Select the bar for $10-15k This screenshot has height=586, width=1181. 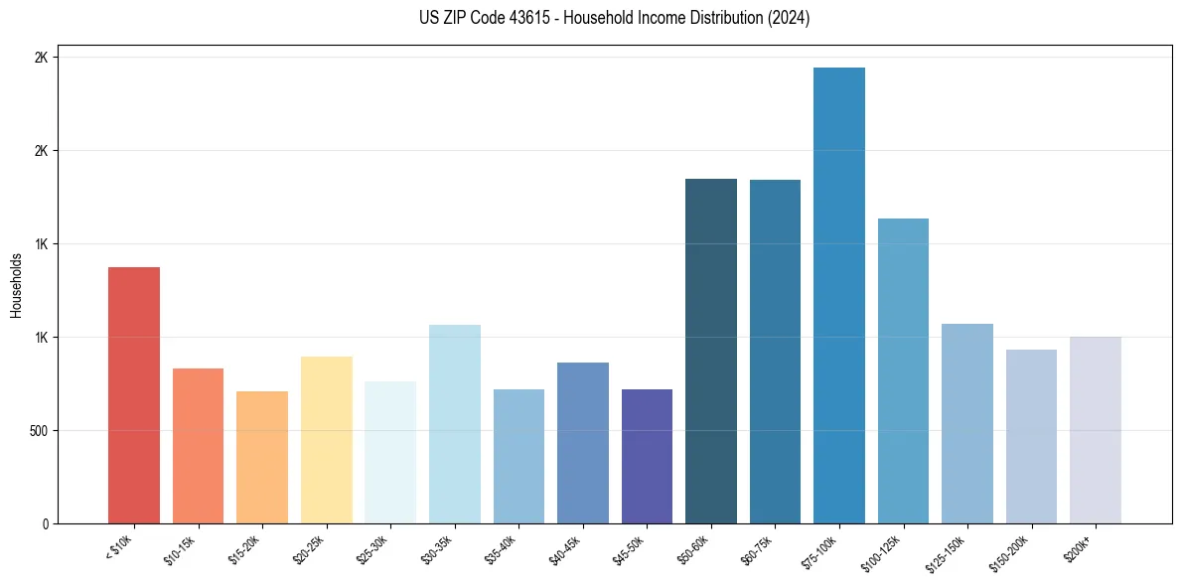(x=198, y=446)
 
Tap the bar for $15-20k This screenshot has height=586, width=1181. (x=262, y=457)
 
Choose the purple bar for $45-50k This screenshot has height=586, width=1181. (x=647, y=456)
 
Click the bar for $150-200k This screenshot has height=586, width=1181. (x=1031, y=436)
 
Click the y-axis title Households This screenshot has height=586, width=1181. (x=16, y=285)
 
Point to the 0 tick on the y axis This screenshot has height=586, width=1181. (x=45, y=524)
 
